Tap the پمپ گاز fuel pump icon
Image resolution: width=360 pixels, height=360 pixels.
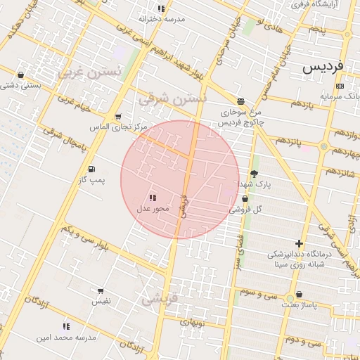pos(91,169)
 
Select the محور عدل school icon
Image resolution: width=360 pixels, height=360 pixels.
pos(153,198)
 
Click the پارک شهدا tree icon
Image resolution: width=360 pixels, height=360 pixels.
pos(254,173)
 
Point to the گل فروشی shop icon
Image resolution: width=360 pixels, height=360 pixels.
pos(244,200)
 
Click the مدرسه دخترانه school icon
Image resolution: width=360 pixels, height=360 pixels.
pos(162,9)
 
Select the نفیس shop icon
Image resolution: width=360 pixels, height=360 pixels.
pos(101,291)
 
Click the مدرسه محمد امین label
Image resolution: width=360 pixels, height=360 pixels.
pos(65,337)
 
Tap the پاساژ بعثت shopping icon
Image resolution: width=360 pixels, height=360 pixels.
pos(300,295)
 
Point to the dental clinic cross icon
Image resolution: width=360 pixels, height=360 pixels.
pos(300,243)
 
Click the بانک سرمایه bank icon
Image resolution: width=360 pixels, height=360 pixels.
pos(340,86)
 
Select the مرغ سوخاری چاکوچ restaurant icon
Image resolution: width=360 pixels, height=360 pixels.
pos(241,101)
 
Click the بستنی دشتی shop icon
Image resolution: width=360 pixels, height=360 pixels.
pos(20,75)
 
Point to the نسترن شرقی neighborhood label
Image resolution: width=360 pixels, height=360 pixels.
pos(173,98)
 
